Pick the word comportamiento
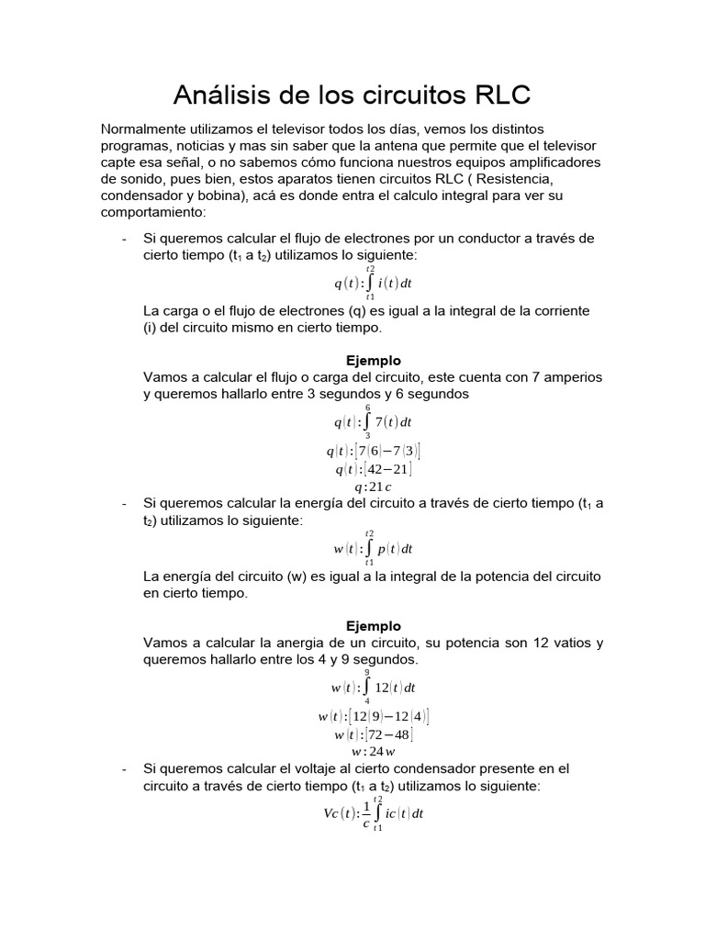pyautogui.click(x=154, y=212)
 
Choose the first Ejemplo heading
pyautogui.click(x=373, y=361)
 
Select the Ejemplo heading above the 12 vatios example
pyautogui.click(x=373, y=626)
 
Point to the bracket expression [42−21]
pyautogui.click(x=387, y=469)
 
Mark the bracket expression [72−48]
pyautogui.click(x=388, y=734)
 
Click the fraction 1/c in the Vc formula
pyautogui.click(x=366, y=813)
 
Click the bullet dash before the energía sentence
pyautogui.click(x=124, y=503)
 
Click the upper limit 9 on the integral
pyautogui.click(x=367, y=673)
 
